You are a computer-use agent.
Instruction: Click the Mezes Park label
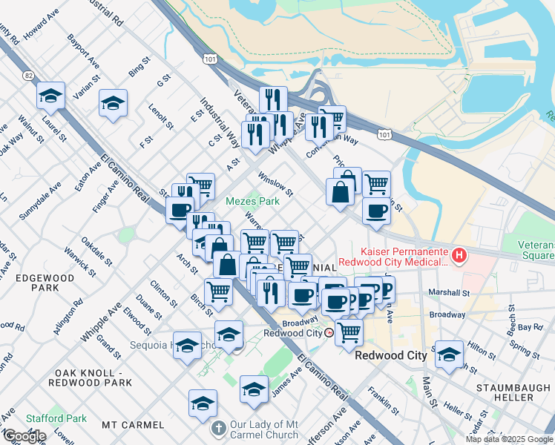[252, 201]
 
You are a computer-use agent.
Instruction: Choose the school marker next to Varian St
[113, 103]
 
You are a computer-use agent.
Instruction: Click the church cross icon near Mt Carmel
[217, 429]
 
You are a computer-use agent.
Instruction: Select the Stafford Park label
[56, 418]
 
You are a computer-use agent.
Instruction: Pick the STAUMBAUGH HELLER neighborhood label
[515, 392]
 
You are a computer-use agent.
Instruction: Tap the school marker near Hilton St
[449, 355]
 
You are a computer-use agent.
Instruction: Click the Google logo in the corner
[24, 436]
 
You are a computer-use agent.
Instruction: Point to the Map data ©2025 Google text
[509, 439]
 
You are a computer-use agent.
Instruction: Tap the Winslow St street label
[276, 185]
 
